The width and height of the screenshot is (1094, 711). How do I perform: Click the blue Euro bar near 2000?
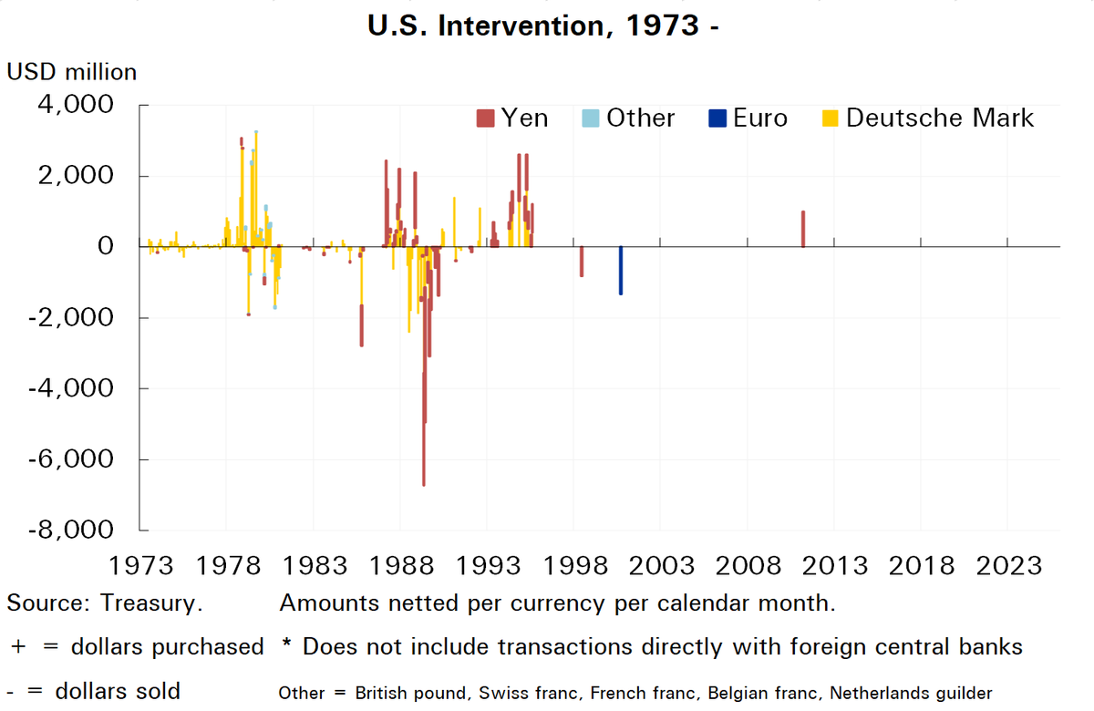tap(621, 271)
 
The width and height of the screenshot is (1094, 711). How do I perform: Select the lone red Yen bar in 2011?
tap(803, 229)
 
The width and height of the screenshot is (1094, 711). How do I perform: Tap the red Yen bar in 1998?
tap(582, 262)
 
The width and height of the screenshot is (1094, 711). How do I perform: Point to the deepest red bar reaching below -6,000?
tap(424, 428)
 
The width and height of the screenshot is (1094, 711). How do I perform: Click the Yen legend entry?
tap(512, 118)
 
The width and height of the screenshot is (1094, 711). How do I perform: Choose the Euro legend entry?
tap(748, 118)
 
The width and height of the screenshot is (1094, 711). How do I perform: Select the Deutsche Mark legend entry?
tap(930, 118)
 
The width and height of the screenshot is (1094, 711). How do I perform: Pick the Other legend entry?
tap(629, 118)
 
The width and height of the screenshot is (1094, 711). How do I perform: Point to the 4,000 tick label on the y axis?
tap(76, 106)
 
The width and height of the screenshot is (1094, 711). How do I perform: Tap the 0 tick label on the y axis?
tap(106, 247)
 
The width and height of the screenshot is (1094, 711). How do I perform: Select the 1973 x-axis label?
tap(140, 565)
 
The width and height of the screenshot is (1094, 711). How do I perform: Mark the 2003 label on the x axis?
tap(660, 565)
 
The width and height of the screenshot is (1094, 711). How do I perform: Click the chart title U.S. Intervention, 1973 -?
tap(545, 26)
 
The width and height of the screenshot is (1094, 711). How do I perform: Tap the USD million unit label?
tap(72, 71)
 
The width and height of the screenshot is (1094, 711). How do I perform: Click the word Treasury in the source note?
tap(151, 603)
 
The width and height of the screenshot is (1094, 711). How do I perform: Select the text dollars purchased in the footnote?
tap(167, 646)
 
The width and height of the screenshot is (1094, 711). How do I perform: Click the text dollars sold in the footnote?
tap(118, 690)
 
